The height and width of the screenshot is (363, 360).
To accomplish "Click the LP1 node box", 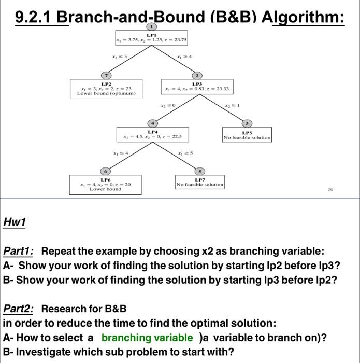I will click(152, 38).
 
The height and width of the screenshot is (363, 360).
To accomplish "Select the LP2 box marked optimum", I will click(106, 88).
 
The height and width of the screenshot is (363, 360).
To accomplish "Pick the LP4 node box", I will click(153, 135).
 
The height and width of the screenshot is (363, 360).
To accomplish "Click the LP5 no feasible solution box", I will click(247, 135).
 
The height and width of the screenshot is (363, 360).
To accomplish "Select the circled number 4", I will click(153, 123).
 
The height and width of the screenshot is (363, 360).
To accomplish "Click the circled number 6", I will click(106, 171).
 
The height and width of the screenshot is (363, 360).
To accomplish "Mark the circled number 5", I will click(199, 171).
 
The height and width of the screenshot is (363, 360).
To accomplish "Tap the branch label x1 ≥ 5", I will click(185, 153).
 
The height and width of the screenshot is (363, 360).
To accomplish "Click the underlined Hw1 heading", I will click(15, 222).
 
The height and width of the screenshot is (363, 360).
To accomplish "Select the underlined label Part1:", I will click(19, 252).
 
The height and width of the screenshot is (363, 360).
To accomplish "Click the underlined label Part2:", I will click(19, 309).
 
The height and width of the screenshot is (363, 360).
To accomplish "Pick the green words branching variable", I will click(147, 338).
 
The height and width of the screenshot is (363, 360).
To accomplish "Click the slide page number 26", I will click(330, 190).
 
